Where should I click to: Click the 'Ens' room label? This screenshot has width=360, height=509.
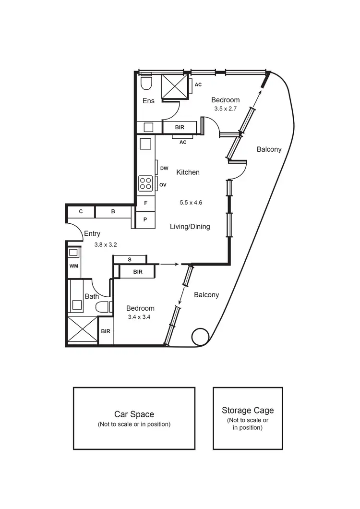pos(148,101)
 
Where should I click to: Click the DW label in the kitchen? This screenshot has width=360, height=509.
pos(164,168)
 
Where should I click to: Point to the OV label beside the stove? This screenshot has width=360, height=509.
pos(163,184)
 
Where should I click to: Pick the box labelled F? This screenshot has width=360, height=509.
pos(145,203)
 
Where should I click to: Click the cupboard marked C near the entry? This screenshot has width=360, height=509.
pos(81,211)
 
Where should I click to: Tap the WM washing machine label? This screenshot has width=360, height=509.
pos(73,266)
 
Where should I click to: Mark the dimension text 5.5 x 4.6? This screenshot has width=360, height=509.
pos(191,203)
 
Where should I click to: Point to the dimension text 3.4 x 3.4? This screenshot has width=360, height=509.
pos(140,317)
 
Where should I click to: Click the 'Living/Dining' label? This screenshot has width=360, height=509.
pos(190,226)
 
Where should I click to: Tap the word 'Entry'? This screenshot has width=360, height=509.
pos(92,234)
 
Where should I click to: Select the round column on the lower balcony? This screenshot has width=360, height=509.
pos(200,337)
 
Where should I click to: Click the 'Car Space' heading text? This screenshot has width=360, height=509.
pos(134,414)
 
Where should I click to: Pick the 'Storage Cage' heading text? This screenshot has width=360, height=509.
pos(248,410)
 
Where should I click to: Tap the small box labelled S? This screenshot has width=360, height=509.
pos(130,260)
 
